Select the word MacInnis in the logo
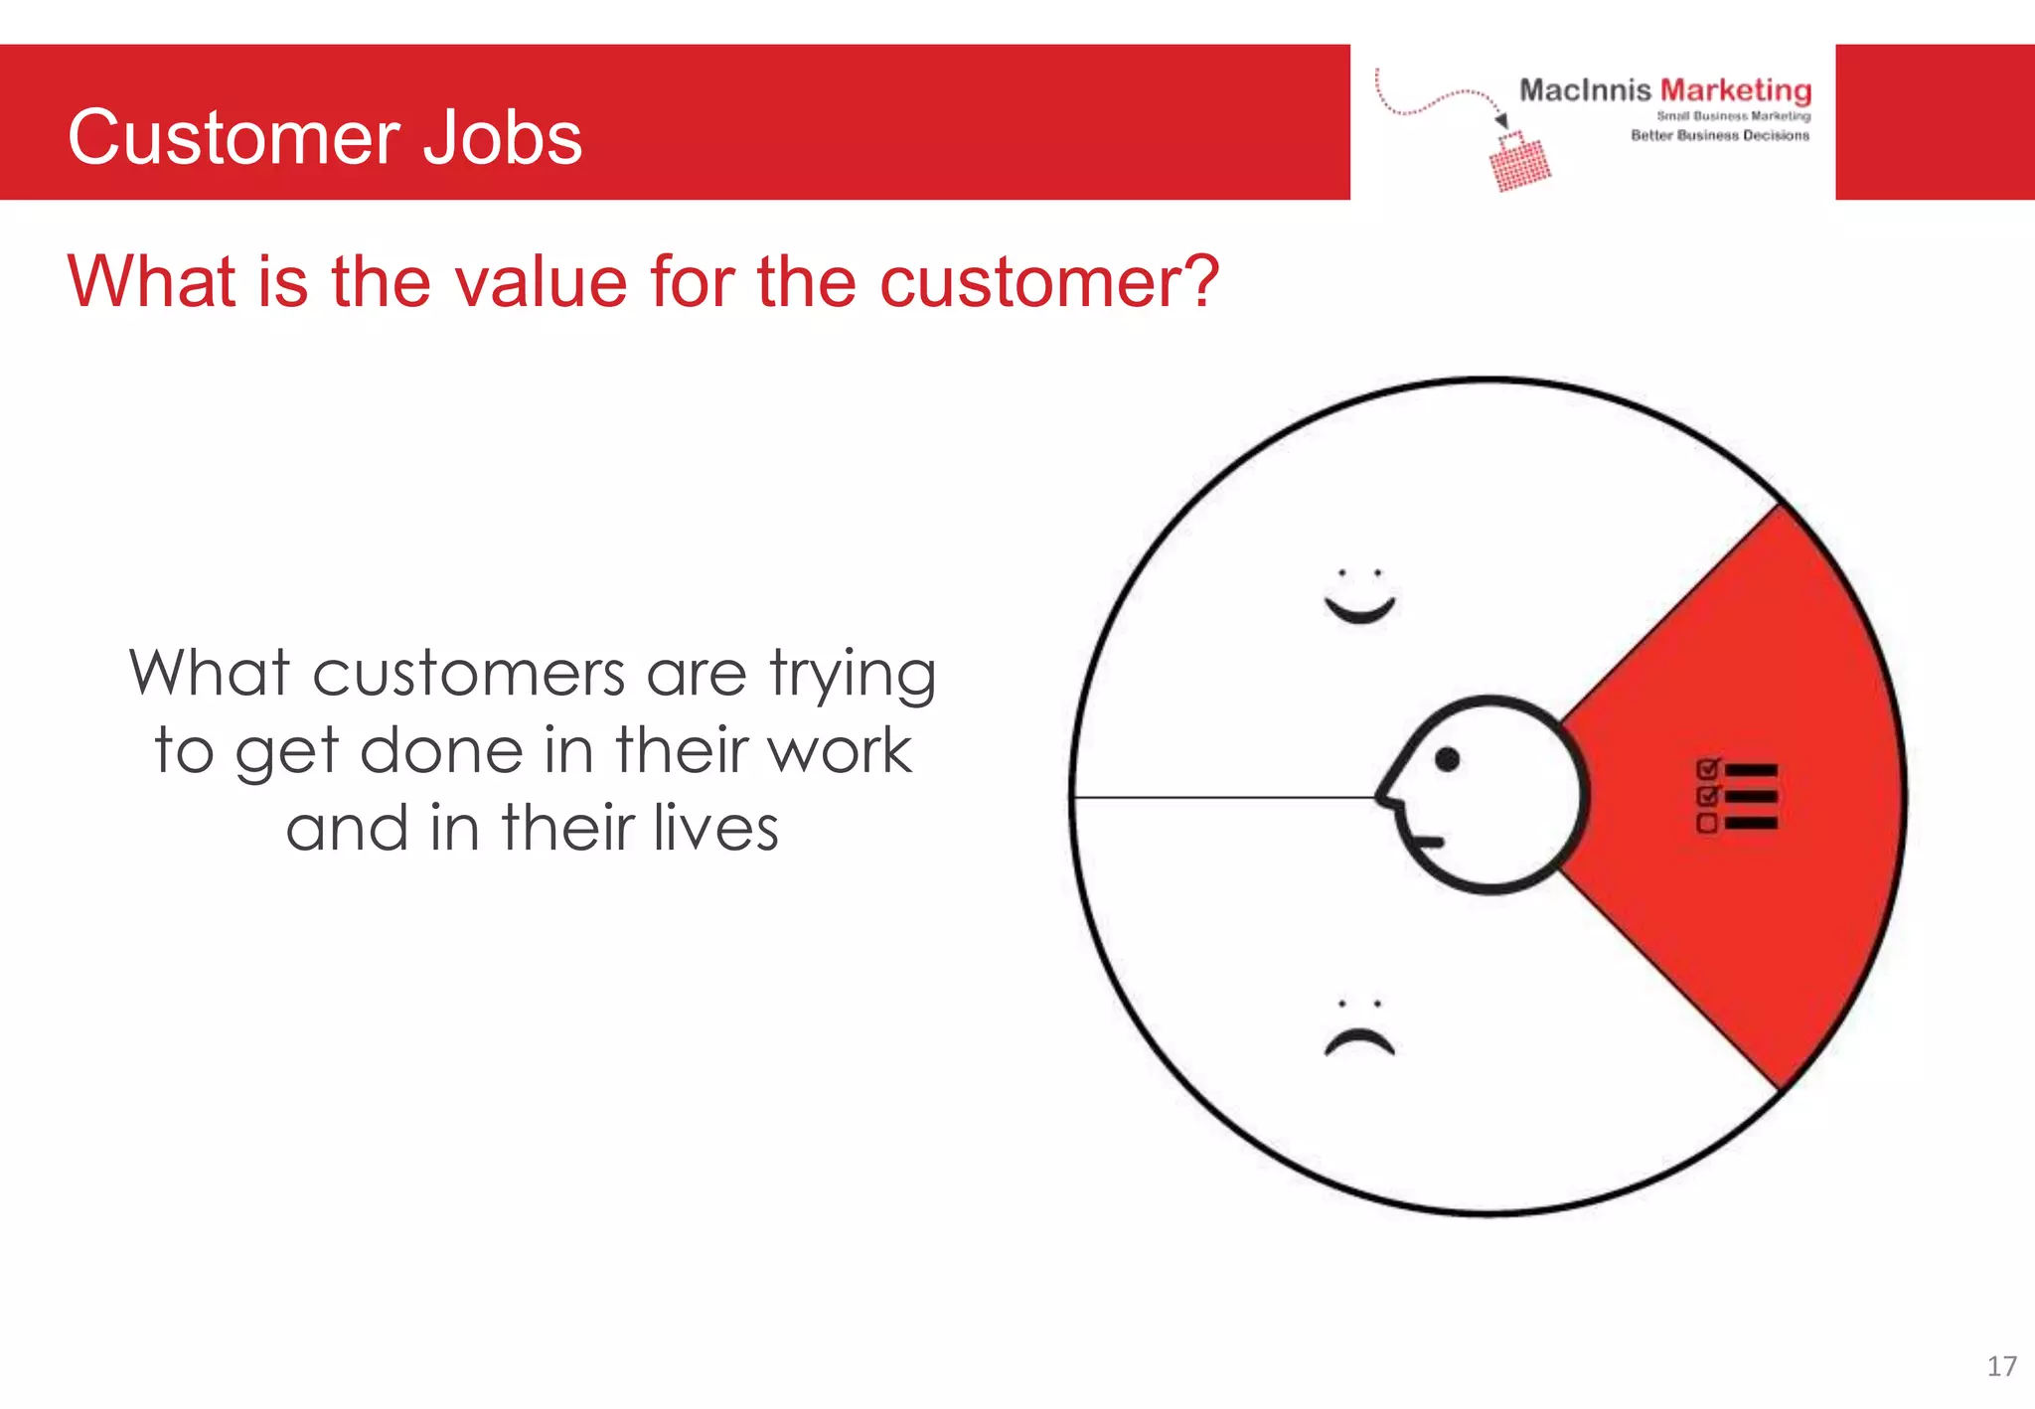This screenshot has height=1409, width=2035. coord(1584,90)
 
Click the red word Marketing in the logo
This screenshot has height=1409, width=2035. coord(1736,90)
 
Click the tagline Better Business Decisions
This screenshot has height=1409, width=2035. coord(1720,135)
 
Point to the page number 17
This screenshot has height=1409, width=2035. coord(2001,1366)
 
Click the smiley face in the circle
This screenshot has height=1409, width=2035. coord(1359,596)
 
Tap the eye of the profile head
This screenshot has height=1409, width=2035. coord(1448,759)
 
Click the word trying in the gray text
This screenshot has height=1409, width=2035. coord(853,676)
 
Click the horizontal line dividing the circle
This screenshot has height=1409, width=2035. coord(1222,797)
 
